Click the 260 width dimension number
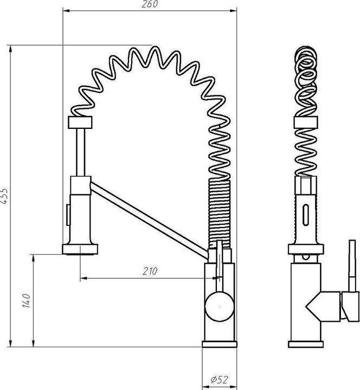pyautogui.click(x=149, y=5)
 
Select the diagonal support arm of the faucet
pyautogui.click(x=146, y=217)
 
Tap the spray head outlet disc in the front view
pyautogui.click(x=81, y=249)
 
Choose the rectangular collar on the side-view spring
pyautogui.click(x=306, y=121)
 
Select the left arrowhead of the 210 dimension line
pyautogui.click(x=83, y=278)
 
